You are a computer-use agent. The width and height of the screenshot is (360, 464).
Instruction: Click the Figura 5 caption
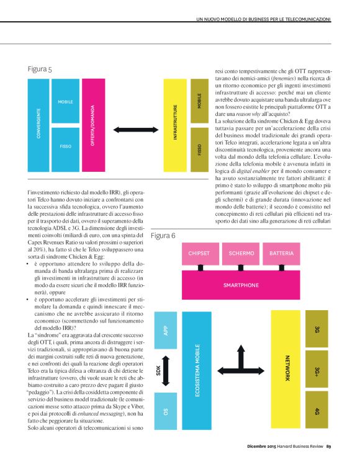[40, 69]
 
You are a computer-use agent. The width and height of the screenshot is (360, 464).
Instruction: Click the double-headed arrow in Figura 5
[132, 129]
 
